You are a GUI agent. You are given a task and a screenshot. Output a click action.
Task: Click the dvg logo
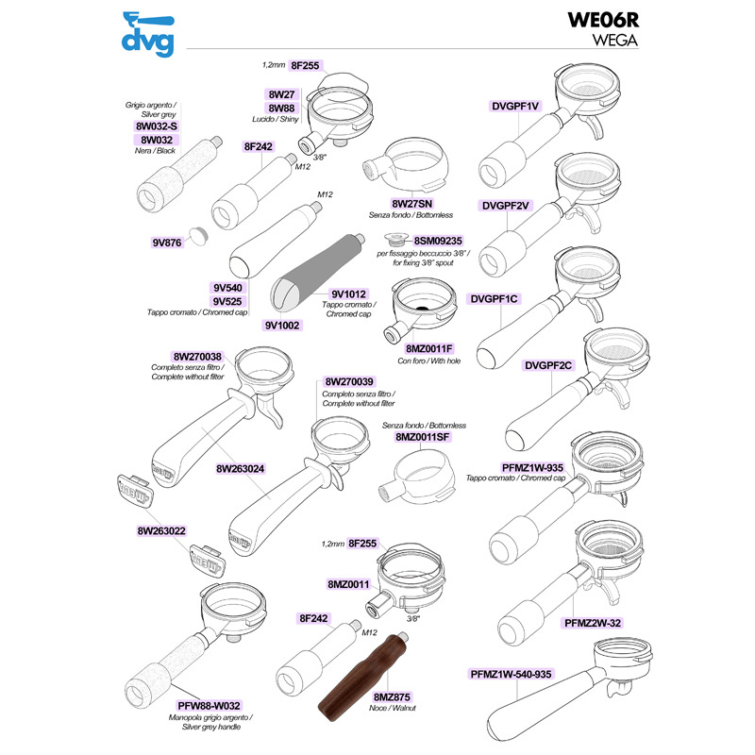pyautogui.click(x=148, y=32)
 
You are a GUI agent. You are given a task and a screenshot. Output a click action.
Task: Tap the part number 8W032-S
pyautogui.click(x=158, y=126)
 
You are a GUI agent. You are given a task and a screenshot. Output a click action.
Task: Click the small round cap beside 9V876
pyautogui.click(x=196, y=233)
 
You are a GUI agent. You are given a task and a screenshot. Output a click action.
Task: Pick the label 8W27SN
pyautogui.click(x=412, y=204)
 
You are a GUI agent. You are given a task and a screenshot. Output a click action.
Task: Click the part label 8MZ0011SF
pyautogui.click(x=424, y=438)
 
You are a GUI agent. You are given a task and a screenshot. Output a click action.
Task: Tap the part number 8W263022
pyautogui.click(x=159, y=531)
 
